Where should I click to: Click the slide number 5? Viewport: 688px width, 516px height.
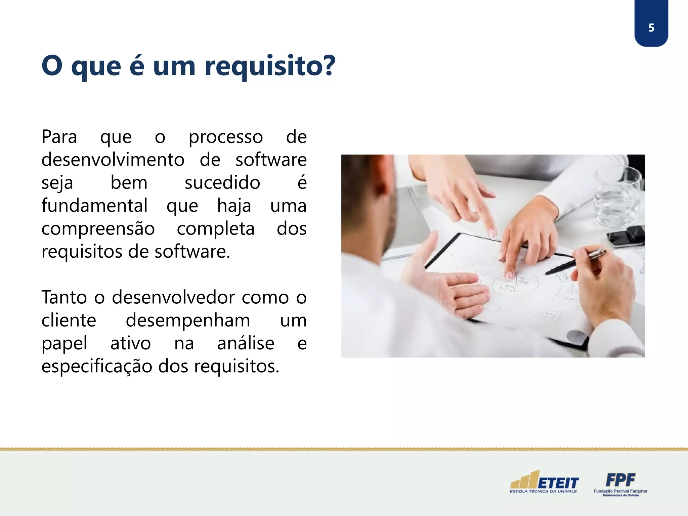[x=651, y=28]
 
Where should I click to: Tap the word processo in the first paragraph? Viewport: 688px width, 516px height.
[x=225, y=137]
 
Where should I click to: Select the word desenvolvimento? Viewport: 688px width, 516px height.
[x=113, y=160]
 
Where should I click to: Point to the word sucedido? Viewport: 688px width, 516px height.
[x=222, y=183]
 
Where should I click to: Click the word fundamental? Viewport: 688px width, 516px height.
[x=94, y=206]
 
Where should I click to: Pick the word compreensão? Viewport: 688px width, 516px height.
[x=98, y=229]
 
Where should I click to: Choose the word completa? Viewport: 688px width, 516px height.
[x=216, y=229]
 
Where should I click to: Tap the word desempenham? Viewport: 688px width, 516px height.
[x=188, y=320]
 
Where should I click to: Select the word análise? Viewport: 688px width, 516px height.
[x=246, y=343]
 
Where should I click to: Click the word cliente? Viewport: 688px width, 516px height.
[x=69, y=320]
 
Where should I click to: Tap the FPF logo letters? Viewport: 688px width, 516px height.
[x=620, y=480]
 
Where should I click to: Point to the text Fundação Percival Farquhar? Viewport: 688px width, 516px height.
[x=620, y=491]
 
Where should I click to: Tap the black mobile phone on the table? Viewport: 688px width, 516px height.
[x=627, y=236]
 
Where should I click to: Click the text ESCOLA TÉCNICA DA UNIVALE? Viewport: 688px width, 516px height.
[x=543, y=491]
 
